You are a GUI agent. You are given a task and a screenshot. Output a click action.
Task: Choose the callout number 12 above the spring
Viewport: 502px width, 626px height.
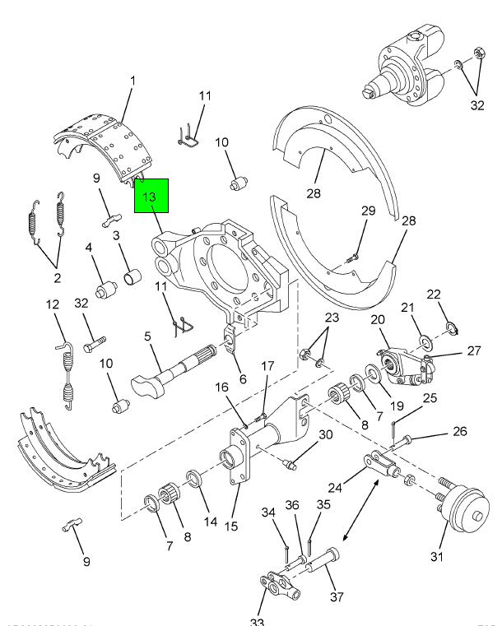(x=53, y=305)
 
